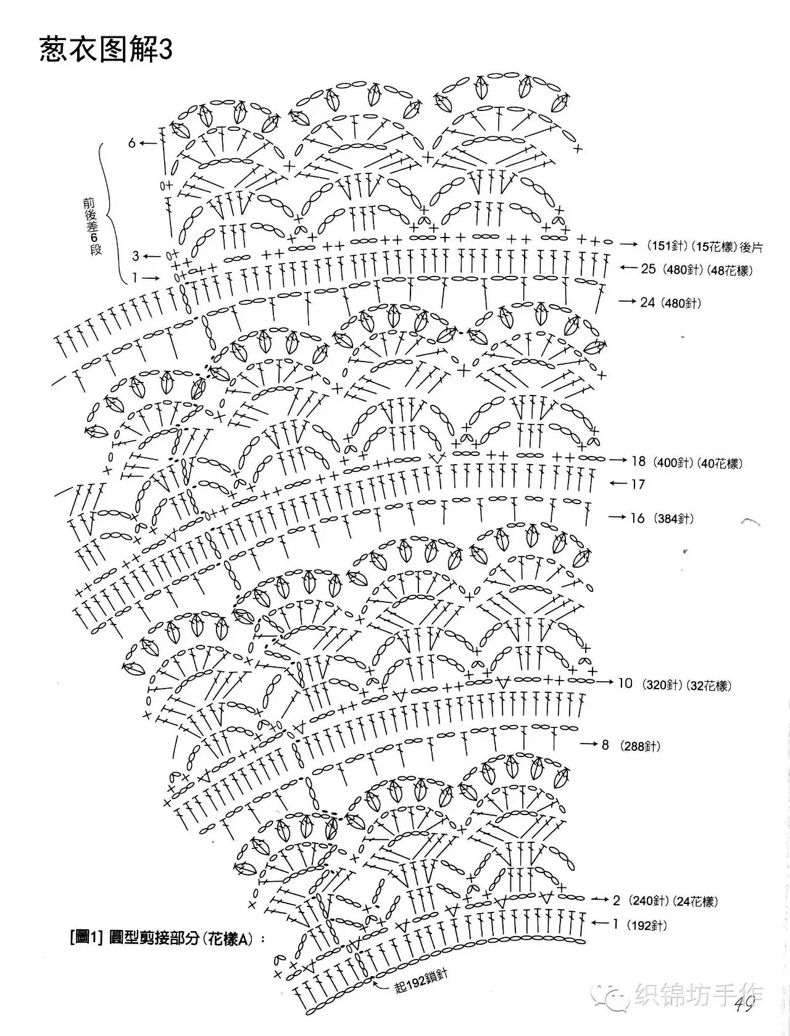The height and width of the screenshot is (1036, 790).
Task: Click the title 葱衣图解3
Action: coord(106,49)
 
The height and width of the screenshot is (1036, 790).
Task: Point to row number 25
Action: coord(648,268)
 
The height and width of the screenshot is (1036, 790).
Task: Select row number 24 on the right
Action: coord(647,302)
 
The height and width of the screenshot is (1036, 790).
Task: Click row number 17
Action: coord(638,484)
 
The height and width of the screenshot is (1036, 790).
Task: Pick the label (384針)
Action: coord(674,519)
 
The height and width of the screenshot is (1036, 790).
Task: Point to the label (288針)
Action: coord(640,746)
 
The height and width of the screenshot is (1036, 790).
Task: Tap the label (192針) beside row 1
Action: coord(647,926)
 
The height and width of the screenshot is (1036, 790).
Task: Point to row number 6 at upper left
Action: coord(132,143)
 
